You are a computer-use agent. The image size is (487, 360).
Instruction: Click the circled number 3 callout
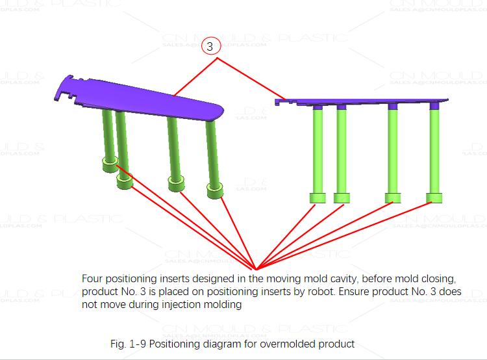pyautogui.click(x=210, y=46)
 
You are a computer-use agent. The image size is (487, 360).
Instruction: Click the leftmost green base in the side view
pyautogui.click(x=318, y=198)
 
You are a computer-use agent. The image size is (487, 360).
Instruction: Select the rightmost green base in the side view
pyautogui.click(x=434, y=198)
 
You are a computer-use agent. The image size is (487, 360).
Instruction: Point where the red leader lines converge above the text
pyautogui.click(x=253, y=268)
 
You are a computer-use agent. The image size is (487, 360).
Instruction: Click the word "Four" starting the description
pyautogui.click(x=92, y=278)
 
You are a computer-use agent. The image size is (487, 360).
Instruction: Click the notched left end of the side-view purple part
pyautogui.click(x=281, y=101)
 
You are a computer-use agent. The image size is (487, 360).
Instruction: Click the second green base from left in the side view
pyautogui.click(x=342, y=198)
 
